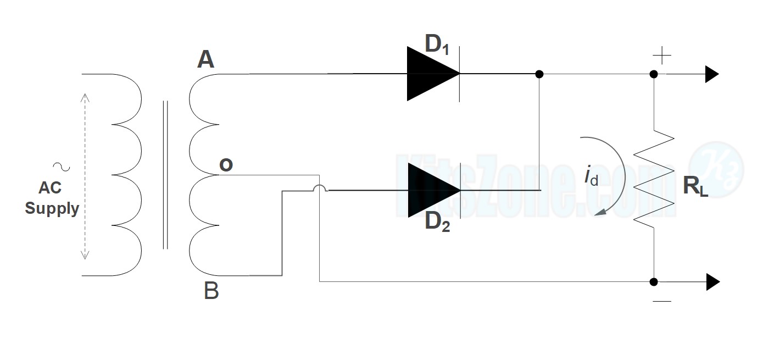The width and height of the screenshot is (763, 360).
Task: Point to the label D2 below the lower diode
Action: tap(438, 221)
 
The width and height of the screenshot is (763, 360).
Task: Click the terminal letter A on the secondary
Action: tap(205, 59)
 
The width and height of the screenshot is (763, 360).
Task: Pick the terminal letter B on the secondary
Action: tap(211, 291)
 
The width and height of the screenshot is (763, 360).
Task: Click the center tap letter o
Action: tap(226, 164)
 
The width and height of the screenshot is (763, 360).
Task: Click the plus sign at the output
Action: tap(662, 56)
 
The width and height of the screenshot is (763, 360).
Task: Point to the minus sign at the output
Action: tap(662, 301)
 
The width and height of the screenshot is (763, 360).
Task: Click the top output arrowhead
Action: tap(712, 74)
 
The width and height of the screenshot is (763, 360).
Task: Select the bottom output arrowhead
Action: tap(712, 282)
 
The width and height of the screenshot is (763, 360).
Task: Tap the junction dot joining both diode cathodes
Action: tap(539, 74)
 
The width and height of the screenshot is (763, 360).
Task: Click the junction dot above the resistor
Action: tap(654, 74)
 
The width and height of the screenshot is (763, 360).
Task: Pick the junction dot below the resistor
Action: tap(654, 282)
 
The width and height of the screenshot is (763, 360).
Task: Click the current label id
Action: tap(591, 177)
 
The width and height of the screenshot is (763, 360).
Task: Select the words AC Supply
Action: tap(52, 198)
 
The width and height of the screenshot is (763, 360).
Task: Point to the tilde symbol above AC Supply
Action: tap(57, 165)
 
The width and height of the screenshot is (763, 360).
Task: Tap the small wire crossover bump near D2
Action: tap(320, 189)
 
